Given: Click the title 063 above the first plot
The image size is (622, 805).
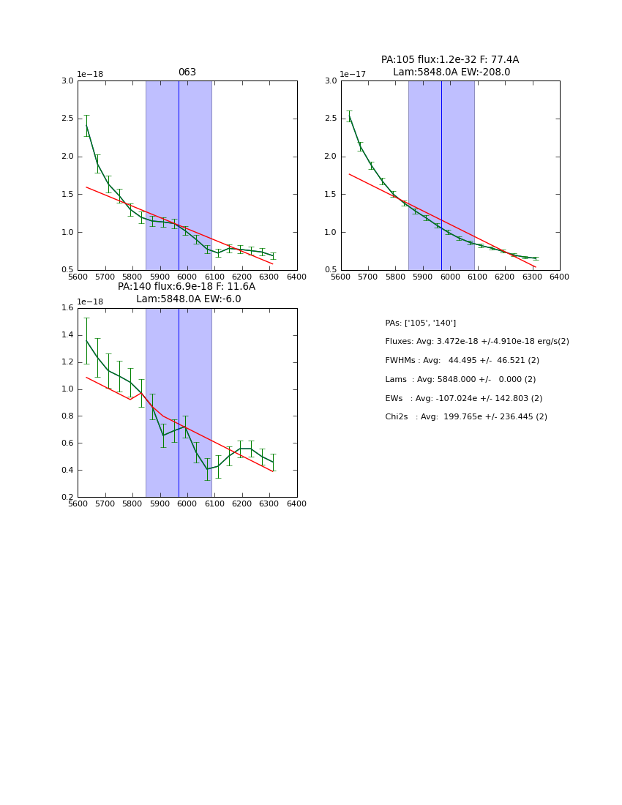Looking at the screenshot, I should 187,72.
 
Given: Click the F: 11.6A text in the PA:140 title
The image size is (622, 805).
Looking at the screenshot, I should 236,287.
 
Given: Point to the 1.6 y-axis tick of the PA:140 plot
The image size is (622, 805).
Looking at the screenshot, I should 67,308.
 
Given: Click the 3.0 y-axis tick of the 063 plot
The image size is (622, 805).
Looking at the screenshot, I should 67,80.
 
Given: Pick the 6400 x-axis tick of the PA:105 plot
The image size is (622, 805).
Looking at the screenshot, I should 560,277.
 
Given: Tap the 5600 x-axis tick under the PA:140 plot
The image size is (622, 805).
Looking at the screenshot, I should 78,504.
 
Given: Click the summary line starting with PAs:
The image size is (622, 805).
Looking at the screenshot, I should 421,323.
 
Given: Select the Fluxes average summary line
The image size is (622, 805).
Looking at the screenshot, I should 476,342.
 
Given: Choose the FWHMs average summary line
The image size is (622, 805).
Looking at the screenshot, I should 462,361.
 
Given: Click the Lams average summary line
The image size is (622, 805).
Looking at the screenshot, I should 460,380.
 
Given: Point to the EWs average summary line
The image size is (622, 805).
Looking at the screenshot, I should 463,399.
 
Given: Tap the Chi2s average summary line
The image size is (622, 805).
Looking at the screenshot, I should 466,417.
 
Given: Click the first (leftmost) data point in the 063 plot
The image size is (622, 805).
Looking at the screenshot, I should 86,126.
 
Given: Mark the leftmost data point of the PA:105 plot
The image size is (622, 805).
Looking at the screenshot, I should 349,116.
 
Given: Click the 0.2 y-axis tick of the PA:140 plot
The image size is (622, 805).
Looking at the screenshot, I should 67,497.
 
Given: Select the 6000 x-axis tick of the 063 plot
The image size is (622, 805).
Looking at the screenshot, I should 187,277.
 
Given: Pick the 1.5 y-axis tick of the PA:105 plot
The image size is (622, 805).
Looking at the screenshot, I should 331,194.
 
